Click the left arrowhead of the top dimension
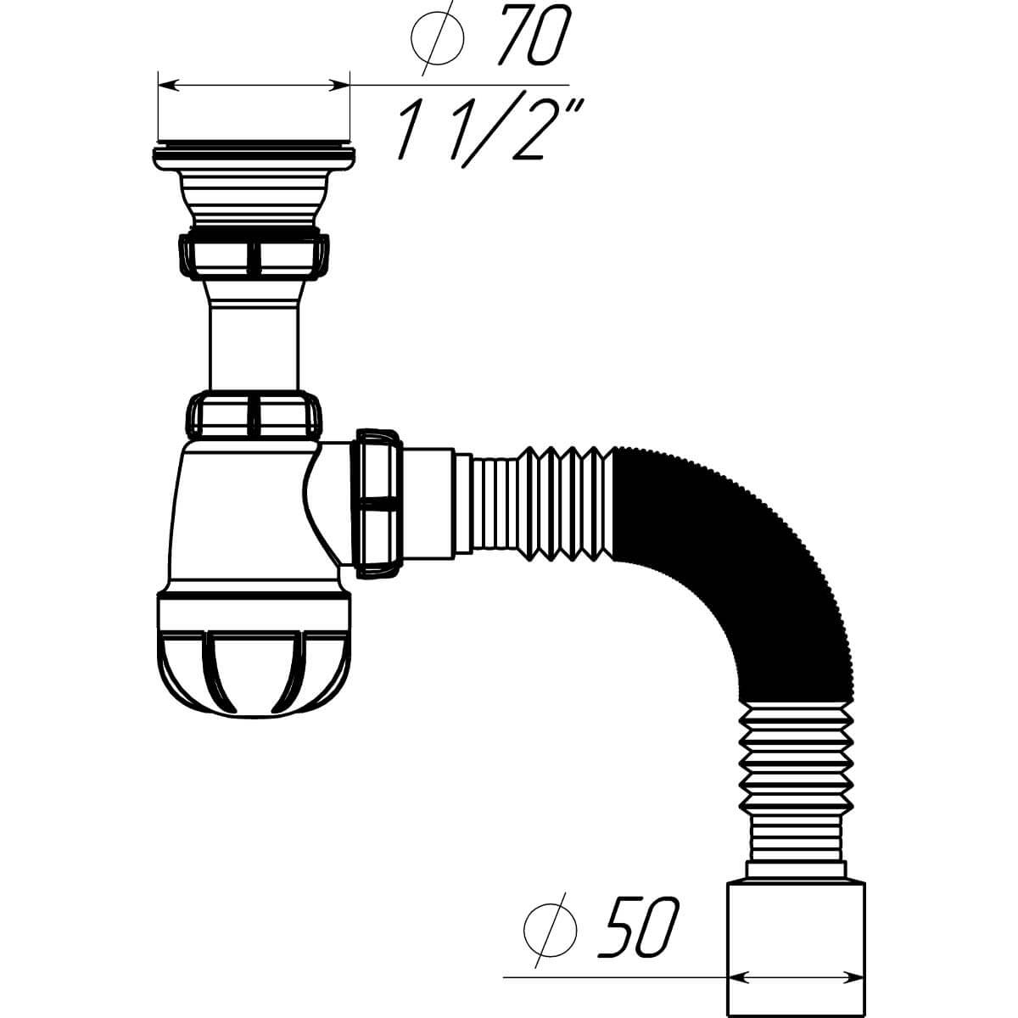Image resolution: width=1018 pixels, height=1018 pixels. point(167,85)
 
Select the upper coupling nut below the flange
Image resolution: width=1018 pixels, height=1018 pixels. point(255,255)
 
